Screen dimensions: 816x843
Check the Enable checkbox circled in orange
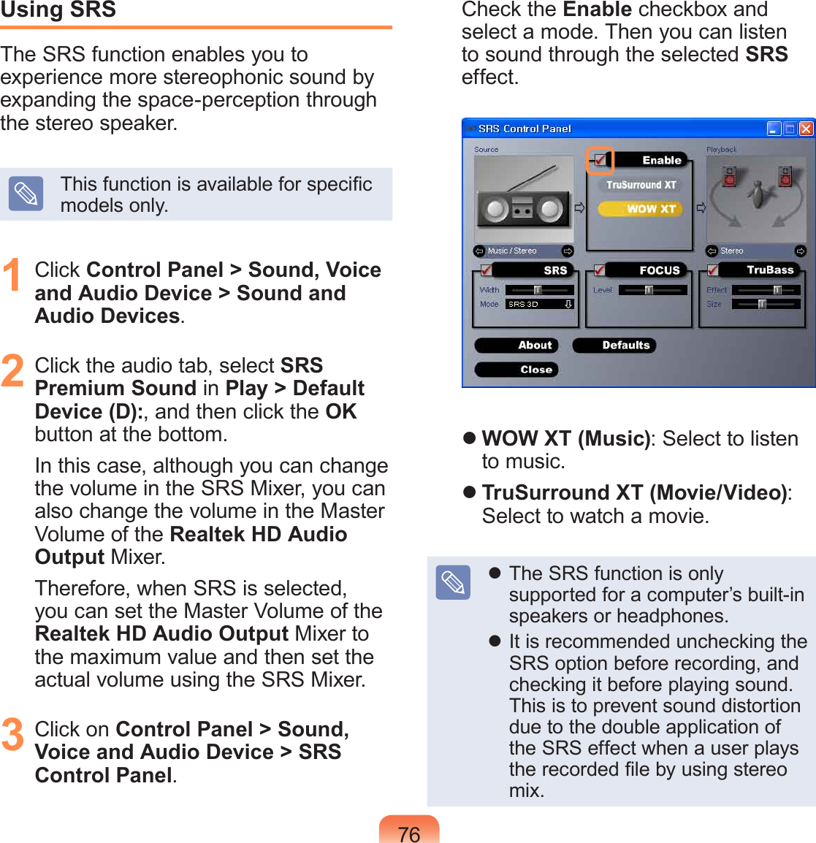coord(600,160)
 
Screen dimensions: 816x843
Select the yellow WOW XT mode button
coord(641,209)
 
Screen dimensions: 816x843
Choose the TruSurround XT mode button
coord(641,185)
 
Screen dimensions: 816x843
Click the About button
coord(516,346)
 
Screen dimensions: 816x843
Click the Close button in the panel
coord(516,370)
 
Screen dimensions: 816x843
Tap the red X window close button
coord(806,129)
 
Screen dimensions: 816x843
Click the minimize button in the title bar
coord(774,129)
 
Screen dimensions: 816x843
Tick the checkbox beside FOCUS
coord(600,270)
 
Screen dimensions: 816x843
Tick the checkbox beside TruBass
coord(712,270)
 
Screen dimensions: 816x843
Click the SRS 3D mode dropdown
coord(541,304)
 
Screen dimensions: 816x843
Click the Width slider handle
coord(538,290)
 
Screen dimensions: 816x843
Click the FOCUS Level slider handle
coord(649,290)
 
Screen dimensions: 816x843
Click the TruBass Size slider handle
coord(762,304)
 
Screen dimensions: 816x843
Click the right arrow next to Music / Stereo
coord(568,251)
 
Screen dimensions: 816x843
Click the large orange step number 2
coord(13,370)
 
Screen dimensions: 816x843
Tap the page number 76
coord(409,834)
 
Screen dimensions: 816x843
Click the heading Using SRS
coord(58,10)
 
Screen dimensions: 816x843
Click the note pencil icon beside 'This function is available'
coord(26,194)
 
